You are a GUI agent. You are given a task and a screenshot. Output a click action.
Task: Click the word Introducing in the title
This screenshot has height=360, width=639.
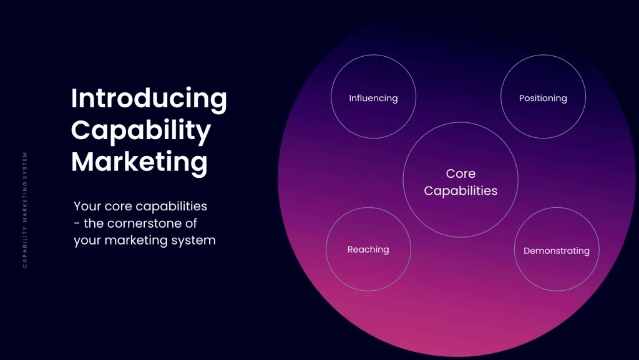[x=149, y=99]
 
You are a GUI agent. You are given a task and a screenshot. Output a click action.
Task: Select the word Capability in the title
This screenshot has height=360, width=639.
[x=141, y=130]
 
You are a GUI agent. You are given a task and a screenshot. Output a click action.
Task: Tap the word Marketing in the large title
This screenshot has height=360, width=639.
[x=139, y=162]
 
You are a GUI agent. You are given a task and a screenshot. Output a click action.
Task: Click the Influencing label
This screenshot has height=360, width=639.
[x=373, y=98]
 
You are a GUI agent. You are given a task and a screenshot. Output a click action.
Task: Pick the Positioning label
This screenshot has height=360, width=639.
[x=543, y=98]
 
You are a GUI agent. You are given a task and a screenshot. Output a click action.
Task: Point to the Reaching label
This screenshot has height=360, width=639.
[x=368, y=250]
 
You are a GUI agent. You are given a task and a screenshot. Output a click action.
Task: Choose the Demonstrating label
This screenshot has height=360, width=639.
[x=556, y=251]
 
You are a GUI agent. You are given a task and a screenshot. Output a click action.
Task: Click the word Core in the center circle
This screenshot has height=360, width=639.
[x=461, y=174]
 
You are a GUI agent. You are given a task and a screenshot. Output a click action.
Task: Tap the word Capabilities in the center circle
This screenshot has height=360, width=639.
[x=461, y=191]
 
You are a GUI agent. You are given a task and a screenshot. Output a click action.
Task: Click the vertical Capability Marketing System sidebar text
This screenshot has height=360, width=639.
[x=25, y=210]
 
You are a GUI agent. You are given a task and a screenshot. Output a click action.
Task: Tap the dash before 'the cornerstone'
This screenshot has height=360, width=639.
[x=77, y=223]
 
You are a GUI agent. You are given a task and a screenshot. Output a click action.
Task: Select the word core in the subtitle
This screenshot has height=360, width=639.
[x=117, y=206]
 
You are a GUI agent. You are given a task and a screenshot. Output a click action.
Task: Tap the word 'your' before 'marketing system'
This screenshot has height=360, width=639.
[x=87, y=240]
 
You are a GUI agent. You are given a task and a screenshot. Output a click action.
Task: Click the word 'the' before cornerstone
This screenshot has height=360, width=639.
[x=95, y=223]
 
